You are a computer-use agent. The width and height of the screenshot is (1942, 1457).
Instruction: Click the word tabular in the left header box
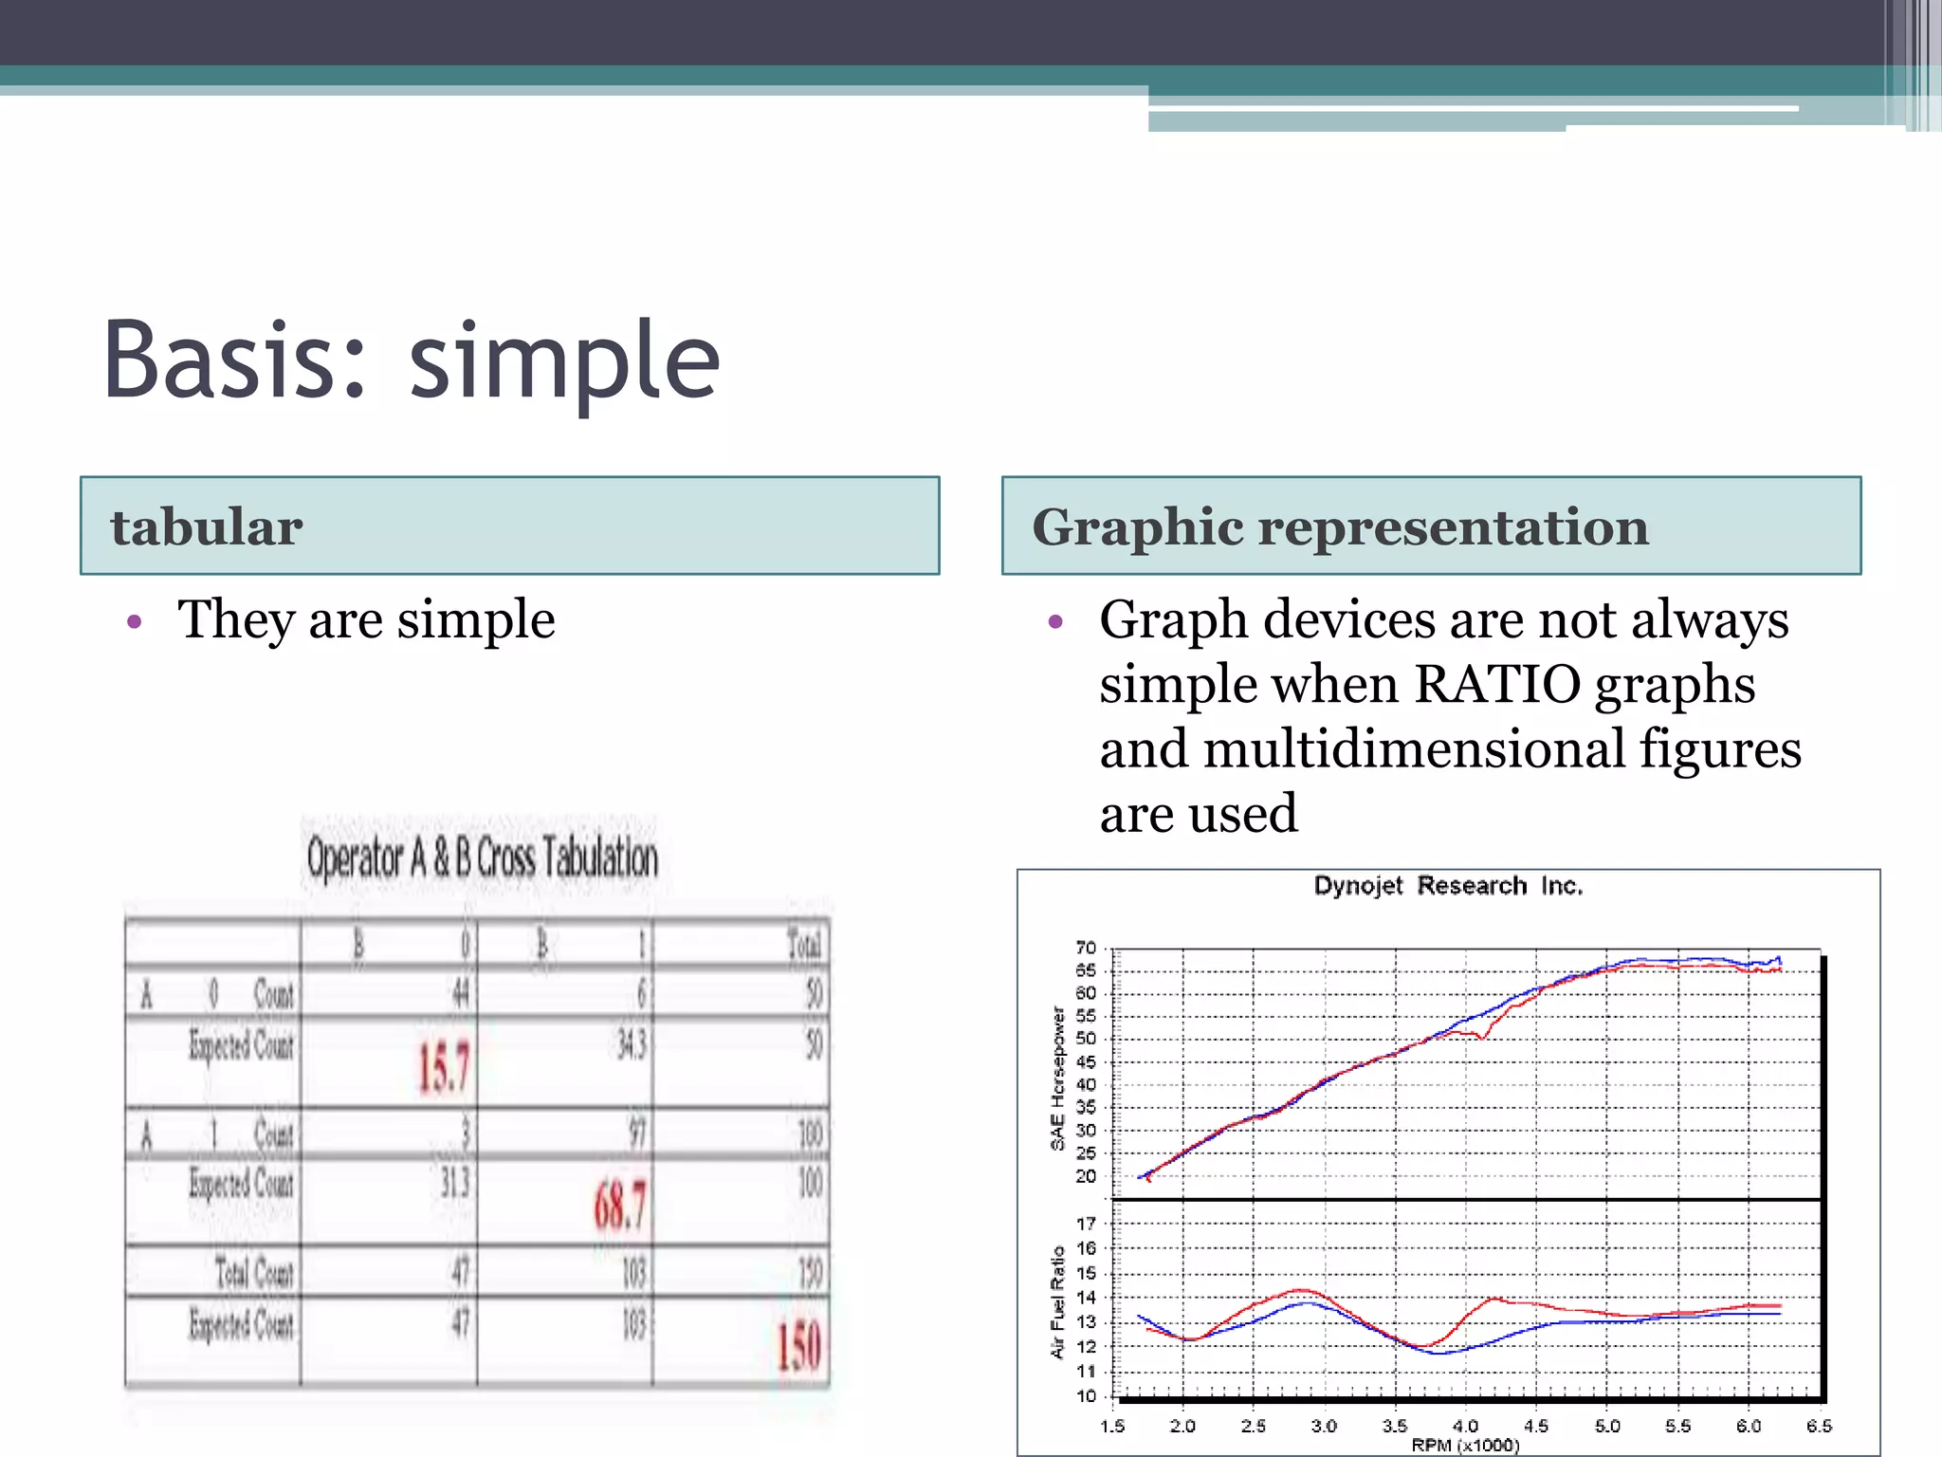click(x=207, y=527)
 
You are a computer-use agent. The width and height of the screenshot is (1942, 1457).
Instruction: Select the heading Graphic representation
click(x=1340, y=527)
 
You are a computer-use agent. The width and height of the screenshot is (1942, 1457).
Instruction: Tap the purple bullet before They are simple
click(x=135, y=622)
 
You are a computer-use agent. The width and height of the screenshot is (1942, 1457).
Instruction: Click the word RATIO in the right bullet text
click(x=1495, y=685)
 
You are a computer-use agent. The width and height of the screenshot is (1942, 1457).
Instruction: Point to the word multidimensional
click(x=1414, y=749)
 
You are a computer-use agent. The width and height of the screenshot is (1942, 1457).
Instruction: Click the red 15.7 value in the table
click(x=444, y=1067)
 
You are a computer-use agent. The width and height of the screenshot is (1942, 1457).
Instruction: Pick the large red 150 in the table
click(x=798, y=1346)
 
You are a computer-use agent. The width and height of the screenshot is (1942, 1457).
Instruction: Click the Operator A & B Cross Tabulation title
click(x=482, y=858)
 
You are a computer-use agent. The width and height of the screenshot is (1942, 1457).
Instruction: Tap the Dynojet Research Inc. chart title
click(x=1448, y=886)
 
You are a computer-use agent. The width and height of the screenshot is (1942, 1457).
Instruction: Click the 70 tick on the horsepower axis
click(x=1086, y=948)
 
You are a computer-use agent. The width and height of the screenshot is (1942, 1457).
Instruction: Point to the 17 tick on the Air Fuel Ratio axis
click(x=1086, y=1224)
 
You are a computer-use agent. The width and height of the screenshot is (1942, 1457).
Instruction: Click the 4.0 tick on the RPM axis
click(x=1465, y=1426)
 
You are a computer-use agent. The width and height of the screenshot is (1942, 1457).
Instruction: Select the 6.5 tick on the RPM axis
click(x=1819, y=1426)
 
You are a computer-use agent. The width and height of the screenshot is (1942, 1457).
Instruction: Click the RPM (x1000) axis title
click(x=1465, y=1446)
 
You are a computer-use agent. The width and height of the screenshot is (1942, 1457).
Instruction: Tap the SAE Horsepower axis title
click(x=1058, y=1079)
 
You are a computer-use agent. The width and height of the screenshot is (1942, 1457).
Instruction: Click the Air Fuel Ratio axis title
click(x=1058, y=1301)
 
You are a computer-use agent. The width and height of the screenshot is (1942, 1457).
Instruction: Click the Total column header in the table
click(x=804, y=945)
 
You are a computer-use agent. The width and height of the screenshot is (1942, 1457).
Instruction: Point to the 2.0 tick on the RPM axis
click(x=1182, y=1426)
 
